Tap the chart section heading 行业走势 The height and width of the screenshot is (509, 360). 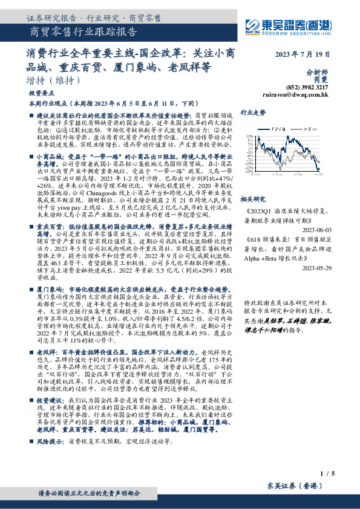coord(254,112)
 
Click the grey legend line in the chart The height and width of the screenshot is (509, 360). coord(307,128)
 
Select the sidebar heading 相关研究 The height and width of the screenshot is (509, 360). coord(253,198)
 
